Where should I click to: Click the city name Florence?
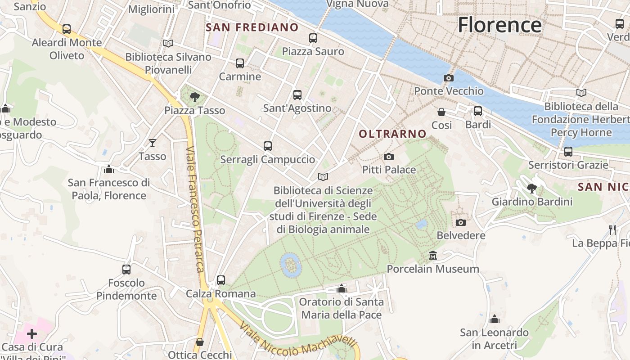[499, 25]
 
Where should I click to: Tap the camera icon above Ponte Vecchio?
[448, 78]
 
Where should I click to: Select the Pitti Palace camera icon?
[389, 157]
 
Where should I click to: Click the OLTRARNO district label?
[392, 134]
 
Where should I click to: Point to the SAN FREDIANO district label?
[252, 27]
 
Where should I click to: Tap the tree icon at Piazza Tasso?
[195, 96]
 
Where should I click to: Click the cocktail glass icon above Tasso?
[153, 143]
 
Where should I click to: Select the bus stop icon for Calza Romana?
[221, 280]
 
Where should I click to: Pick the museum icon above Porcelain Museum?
[433, 255]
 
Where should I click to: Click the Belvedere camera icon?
[460, 222]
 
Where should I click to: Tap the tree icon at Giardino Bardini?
[531, 188]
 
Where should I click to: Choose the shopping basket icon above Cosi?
[441, 112]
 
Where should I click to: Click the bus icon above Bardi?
[478, 111]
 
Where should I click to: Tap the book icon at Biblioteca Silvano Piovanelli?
[168, 43]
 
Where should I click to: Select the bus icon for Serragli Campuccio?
[268, 146]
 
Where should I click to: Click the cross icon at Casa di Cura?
[32, 333]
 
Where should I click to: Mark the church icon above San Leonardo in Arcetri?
[495, 319]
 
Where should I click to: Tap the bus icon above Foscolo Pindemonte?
[126, 269]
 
